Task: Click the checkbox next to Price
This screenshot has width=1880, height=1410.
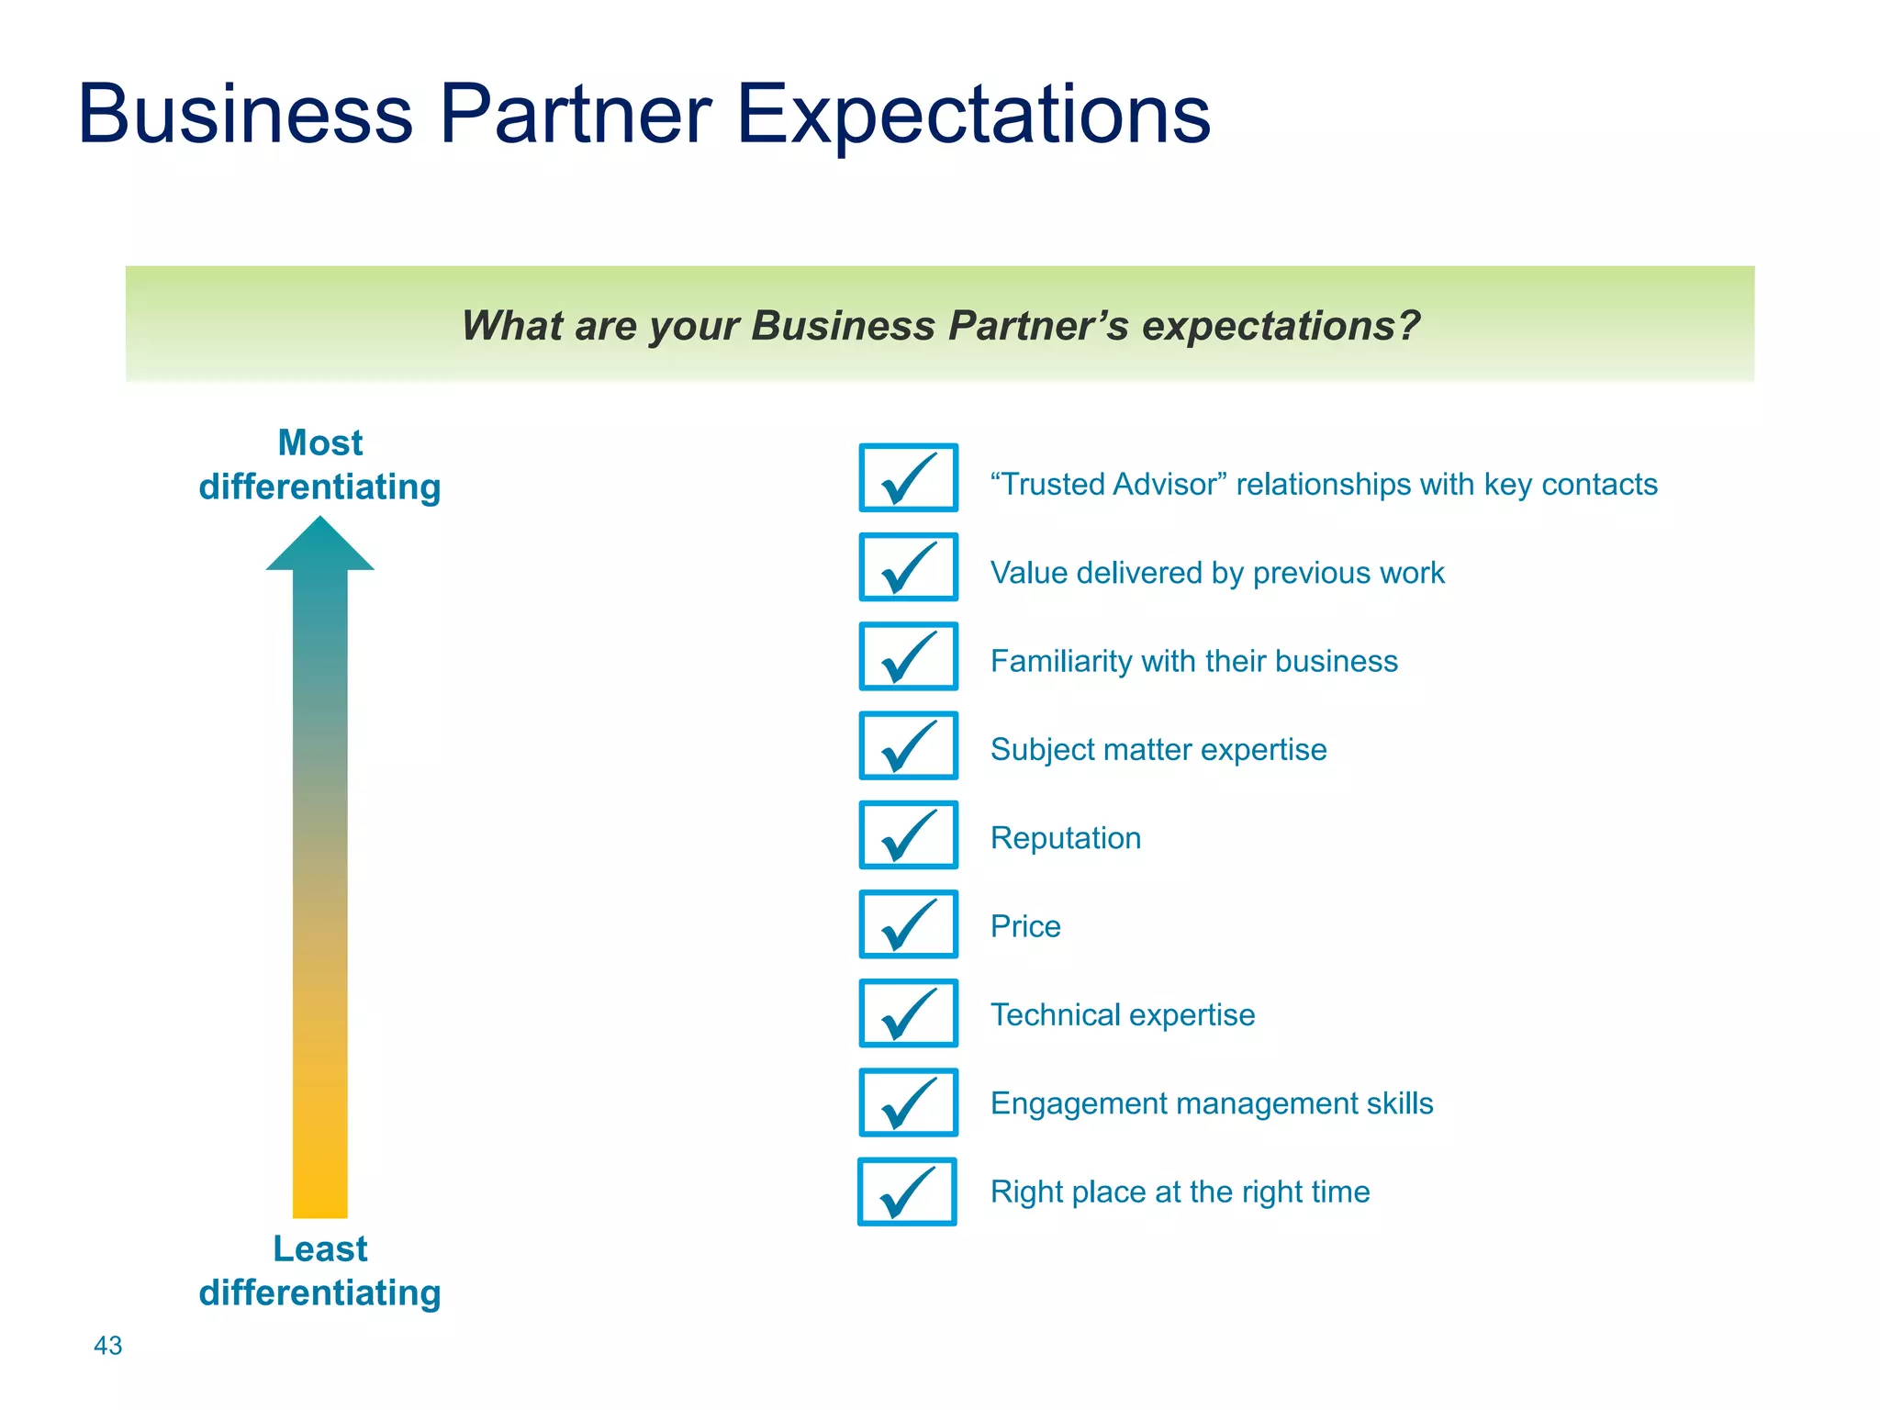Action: click(x=908, y=923)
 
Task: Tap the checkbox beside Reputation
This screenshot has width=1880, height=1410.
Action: click(x=908, y=834)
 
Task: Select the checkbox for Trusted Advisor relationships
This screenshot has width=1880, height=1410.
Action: click(x=908, y=477)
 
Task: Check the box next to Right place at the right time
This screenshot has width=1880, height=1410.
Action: click(x=907, y=1192)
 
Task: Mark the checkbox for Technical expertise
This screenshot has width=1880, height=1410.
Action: click(x=908, y=1013)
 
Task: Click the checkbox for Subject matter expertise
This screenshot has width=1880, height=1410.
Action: click(x=908, y=745)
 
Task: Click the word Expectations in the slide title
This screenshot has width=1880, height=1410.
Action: click(x=972, y=115)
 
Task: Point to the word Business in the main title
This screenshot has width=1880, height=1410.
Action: click(x=245, y=115)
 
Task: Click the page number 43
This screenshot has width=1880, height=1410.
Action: click(x=107, y=1345)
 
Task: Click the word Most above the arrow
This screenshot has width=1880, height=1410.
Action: click(x=319, y=442)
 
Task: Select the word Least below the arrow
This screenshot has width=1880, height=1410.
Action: click(x=319, y=1248)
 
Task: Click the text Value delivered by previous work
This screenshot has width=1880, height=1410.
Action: click(x=1216, y=573)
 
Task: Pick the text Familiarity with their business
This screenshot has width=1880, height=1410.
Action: click(x=1193, y=661)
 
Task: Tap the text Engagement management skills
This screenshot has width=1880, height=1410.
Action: click(x=1211, y=1102)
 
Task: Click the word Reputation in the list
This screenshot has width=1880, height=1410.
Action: click(x=1065, y=838)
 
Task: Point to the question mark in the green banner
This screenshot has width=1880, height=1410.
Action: click(x=1409, y=325)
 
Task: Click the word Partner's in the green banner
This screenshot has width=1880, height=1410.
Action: click(x=1037, y=325)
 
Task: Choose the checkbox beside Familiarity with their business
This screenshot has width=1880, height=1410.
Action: click(x=908, y=656)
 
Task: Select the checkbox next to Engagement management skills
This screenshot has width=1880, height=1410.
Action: click(x=908, y=1102)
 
